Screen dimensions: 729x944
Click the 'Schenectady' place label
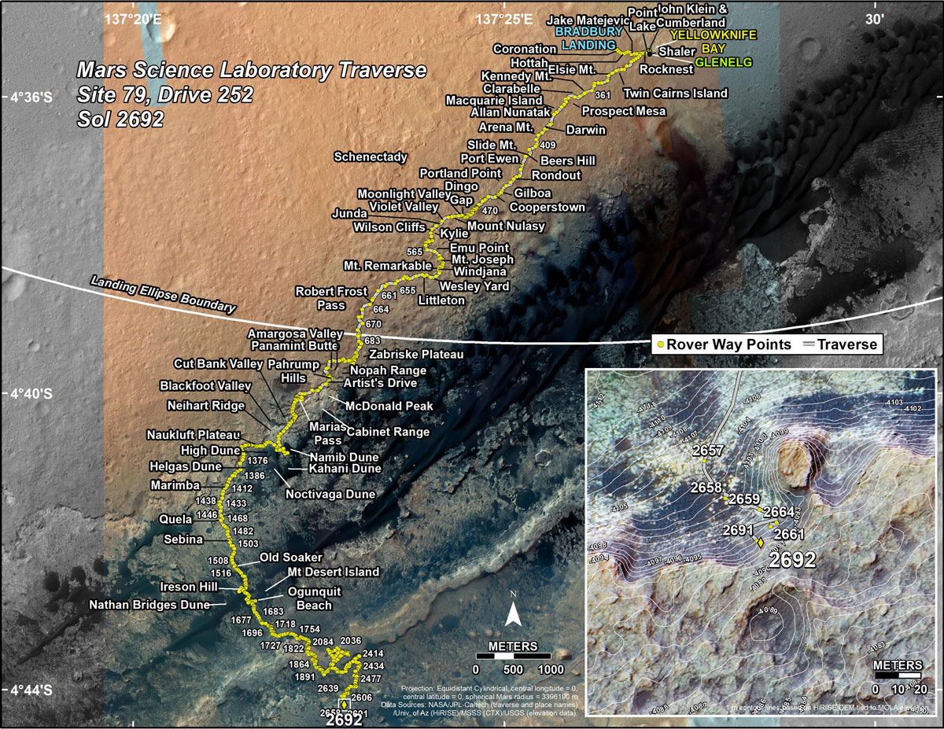371,157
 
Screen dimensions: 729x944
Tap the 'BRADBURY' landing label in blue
583,32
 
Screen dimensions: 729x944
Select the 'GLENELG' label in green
724,62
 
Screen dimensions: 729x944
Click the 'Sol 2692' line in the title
120,120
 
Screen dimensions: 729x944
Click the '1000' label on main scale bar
550,668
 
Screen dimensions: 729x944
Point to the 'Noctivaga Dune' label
330,495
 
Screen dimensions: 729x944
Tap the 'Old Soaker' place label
291,558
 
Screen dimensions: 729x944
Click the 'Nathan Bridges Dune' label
149,606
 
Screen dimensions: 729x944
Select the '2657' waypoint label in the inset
708,451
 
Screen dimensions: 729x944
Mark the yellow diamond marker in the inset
760,541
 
